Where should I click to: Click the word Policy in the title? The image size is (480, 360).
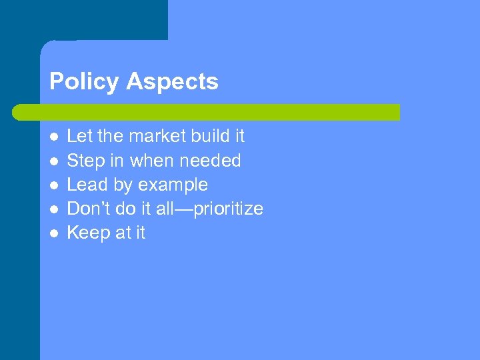(x=85, y=82)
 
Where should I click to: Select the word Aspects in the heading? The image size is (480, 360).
(x=172, y=82)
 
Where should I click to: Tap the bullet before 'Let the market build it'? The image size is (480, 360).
(x=54, y=137)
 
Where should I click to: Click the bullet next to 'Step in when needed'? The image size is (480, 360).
(x=54, y=161)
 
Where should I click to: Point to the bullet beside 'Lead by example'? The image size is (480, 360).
(x=54, y=185)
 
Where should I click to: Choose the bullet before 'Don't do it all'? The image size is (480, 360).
(x=54, y=209)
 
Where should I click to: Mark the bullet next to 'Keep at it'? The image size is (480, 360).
(x=54, y=233)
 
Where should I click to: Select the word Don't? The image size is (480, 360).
(x=87, y=209)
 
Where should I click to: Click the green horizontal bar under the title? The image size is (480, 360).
(x=207, y=112)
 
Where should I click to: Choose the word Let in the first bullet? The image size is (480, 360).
(x=79, y=136)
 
